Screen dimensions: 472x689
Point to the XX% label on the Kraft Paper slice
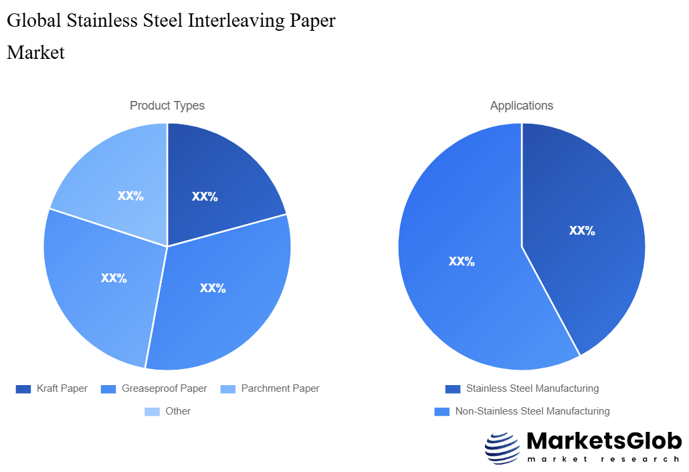click(x=205, y=197)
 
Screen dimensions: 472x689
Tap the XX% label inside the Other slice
click(x=130, y=196)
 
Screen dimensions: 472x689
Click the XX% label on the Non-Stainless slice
click(x=462, y=261)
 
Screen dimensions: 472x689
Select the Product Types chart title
click(x=167, y=106)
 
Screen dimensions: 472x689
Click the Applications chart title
click(x=522, y=106)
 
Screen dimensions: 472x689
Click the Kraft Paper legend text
click(x=62, y=388)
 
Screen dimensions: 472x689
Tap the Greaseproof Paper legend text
click(x=164, y=388)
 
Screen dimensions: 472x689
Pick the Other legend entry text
click(x=178, y=411)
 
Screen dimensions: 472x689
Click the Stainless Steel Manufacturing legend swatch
click(x=453, y=388)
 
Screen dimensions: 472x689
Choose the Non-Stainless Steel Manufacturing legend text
click(x=532, y=411)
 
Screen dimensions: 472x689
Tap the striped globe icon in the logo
click(x=502, y=448)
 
